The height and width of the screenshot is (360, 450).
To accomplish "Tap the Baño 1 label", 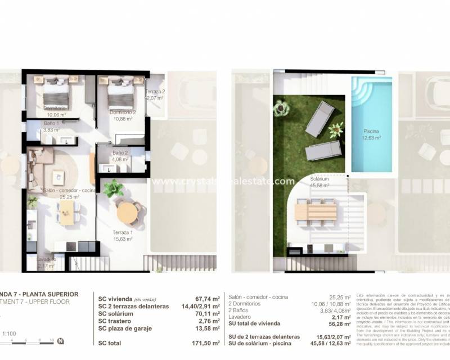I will (x=51, y=123).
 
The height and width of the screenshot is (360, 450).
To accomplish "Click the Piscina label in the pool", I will (x=372, y=133).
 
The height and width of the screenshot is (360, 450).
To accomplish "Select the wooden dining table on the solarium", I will (x=315, y=211).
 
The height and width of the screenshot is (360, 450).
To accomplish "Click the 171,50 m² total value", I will (x=204, y=343).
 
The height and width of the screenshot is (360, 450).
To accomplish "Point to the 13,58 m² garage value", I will (x=205, y=328).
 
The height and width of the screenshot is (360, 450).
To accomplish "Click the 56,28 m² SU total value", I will (x=339, y=323).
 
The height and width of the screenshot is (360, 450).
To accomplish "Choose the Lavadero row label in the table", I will (x=241, y=316).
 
